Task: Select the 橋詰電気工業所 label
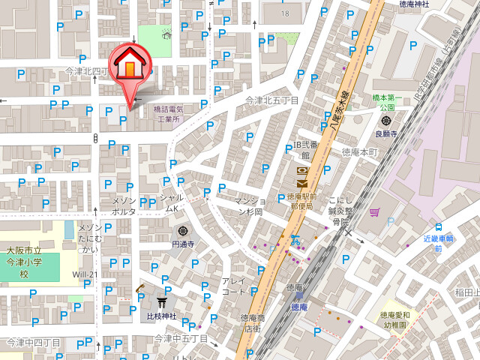(168, 114)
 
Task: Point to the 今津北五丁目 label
(272, 100)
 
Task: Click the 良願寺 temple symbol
(386, 121)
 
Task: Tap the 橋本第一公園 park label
(388, 103)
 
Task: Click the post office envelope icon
(301, 182)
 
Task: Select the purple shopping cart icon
(373, 213)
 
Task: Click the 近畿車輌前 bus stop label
(439, 243)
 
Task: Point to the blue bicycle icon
(295, 241)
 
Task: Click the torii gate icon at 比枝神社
(162, 303)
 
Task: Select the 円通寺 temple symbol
(183, 231)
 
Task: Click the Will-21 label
(85, 274)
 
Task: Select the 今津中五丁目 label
(180, 339)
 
